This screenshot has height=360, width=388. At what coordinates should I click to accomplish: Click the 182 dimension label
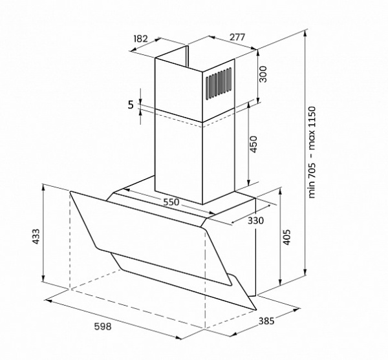pos(140,39)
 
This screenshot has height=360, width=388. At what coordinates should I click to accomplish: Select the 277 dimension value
pos(237,37)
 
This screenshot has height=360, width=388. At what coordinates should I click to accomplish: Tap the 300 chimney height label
pos(263,74)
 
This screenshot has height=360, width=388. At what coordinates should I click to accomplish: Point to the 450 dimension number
pos(253,144)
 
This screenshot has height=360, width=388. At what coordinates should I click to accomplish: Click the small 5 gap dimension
pos(131,105)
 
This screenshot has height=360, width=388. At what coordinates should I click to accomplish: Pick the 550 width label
pos(171,202)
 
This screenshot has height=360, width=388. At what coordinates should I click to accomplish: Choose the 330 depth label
pos(255,220)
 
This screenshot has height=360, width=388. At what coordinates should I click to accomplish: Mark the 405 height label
pos(286,237)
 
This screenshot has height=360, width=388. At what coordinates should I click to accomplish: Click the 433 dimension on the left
pos(36,237)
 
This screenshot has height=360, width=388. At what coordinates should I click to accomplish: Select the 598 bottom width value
pos(103,326)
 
